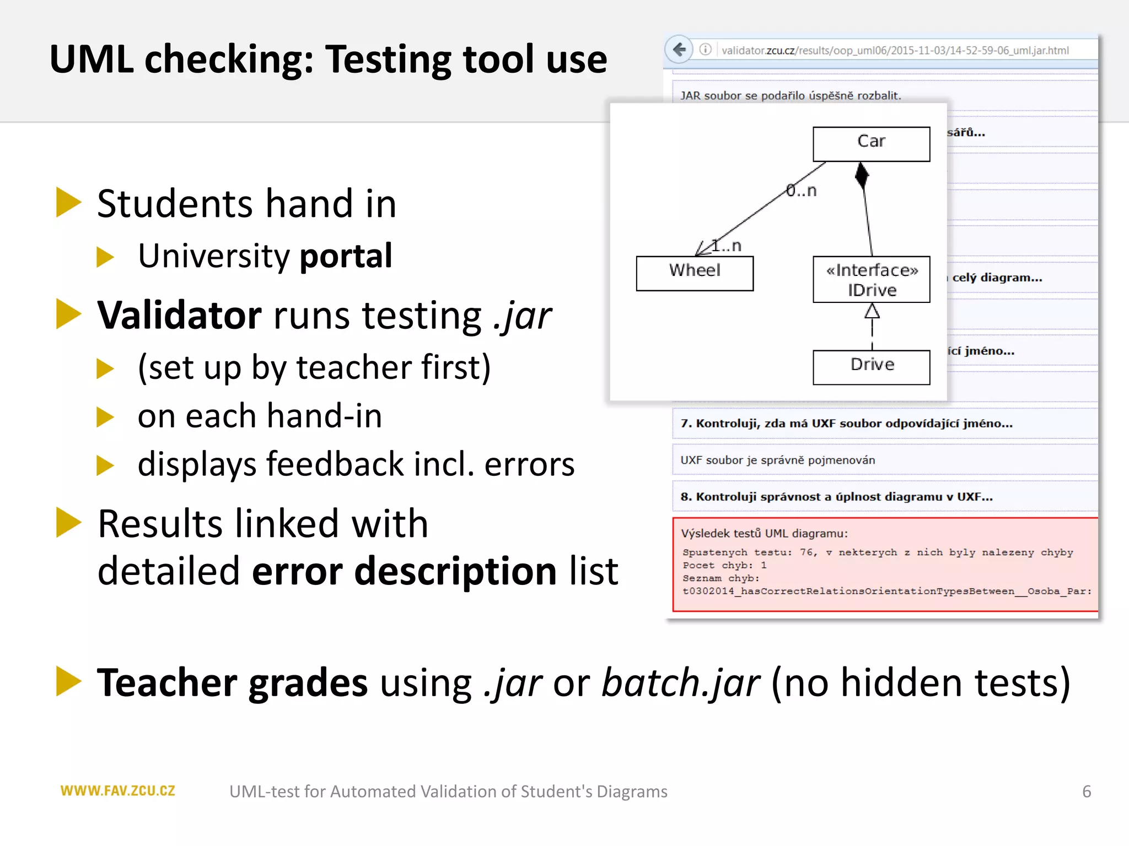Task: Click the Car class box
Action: (x=871, y=144)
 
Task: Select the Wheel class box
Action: (x=695, y=273)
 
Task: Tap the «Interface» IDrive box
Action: (x=871, y=279)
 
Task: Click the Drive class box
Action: (x=871, y=367)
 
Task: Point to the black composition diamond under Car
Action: (x=862, y=176)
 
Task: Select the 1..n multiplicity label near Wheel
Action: (x=726, y=246)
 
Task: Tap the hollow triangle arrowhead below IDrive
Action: (x=872, y=312)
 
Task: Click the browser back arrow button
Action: (x=680, y=50)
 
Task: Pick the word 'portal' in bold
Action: (x=346, y=256)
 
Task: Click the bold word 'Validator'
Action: (x=179, y=316)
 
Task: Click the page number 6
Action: (x=1086, y=791)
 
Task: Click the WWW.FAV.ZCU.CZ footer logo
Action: (x=117, y=791)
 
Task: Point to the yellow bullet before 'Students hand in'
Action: (x=68, y=203)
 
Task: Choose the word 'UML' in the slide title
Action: (x=92, y=59)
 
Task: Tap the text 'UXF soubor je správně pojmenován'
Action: (x=777, y=460)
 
